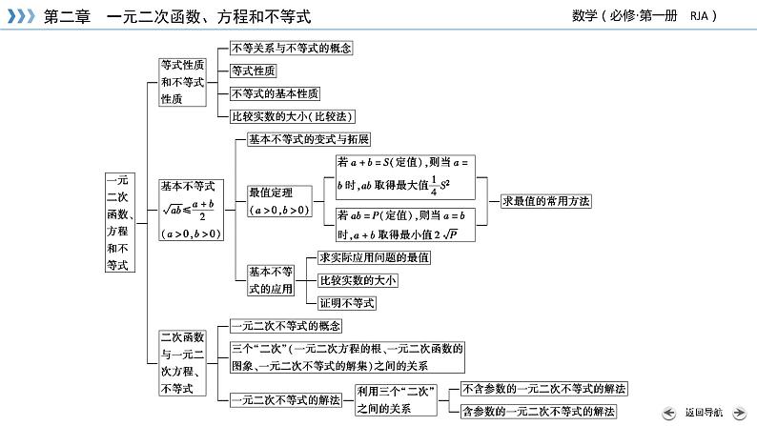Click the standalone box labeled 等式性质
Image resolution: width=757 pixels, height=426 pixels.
tap(253, 71)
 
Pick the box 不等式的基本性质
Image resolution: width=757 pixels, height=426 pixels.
tap(276, 93)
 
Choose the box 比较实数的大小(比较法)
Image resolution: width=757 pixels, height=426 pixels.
tap(292, 116)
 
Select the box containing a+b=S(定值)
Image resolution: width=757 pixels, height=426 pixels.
tap(404, 174)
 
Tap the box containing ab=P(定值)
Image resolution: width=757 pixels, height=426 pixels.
tap(404, 225)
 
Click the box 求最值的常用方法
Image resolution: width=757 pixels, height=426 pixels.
tap(545, 201)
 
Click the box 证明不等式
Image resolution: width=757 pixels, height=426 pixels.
tap(347, 303)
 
